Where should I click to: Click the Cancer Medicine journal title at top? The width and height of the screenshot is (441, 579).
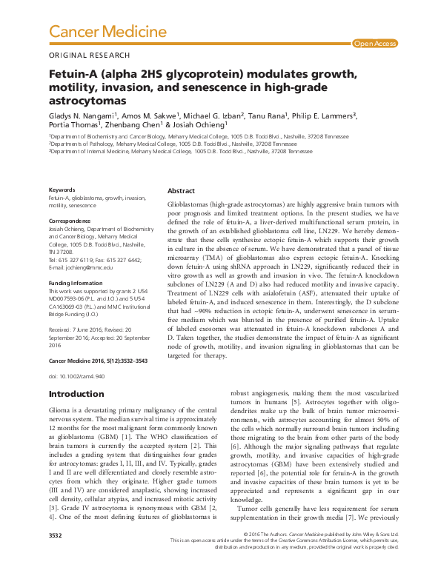point(107,32)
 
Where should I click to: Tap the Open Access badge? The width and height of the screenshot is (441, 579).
point(374,44)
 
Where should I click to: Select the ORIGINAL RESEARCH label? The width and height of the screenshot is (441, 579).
point(89,56)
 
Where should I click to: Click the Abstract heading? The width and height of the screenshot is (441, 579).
point(182,190)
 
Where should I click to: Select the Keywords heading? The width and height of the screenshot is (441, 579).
point(61,191)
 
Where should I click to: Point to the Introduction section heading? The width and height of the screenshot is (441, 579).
point(82,394)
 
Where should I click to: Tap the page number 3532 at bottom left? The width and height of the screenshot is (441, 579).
point(55,555)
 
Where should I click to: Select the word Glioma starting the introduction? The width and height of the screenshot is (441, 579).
point(60,409)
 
